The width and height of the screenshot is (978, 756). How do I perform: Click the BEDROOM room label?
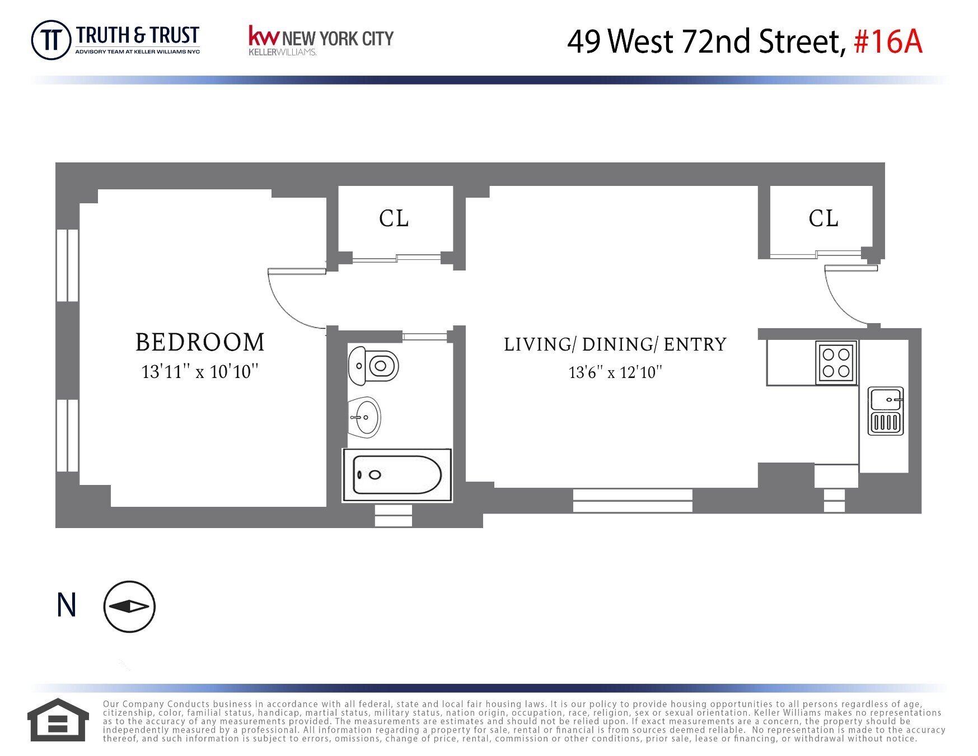(x=200, y=342)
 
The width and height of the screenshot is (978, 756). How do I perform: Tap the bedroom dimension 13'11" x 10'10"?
(x=200, y=372)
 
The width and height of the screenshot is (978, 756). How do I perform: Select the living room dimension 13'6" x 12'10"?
(x=615, y=372)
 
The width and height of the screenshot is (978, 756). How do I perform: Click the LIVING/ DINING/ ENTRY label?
(x=615, y=344)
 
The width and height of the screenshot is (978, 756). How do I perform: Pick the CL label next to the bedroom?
(x=394, y=218)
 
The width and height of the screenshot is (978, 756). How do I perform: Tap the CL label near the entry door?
(x=823, y=218)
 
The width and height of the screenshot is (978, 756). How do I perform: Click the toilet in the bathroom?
(x=373, y=366)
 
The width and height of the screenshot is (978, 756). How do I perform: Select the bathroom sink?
(x=365, y=418)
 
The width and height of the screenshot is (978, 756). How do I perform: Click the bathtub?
(x=397, y=475)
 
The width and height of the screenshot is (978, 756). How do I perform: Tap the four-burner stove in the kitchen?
(x=836, y=362)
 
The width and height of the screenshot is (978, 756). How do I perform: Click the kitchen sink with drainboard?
(x=885, y=411)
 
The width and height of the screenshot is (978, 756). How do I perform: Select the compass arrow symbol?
(x=129, y=606)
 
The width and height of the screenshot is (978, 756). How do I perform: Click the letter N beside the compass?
(x=67, y=605)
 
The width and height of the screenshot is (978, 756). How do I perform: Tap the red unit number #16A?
(x=888, y=41)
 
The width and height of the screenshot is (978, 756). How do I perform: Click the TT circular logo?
(x=51, y=40)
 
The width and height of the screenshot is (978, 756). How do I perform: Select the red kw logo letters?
(x=263, y=36)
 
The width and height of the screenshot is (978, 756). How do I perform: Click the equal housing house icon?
(x=58, y=720)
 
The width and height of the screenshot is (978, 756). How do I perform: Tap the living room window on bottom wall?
(x=633, y=501)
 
